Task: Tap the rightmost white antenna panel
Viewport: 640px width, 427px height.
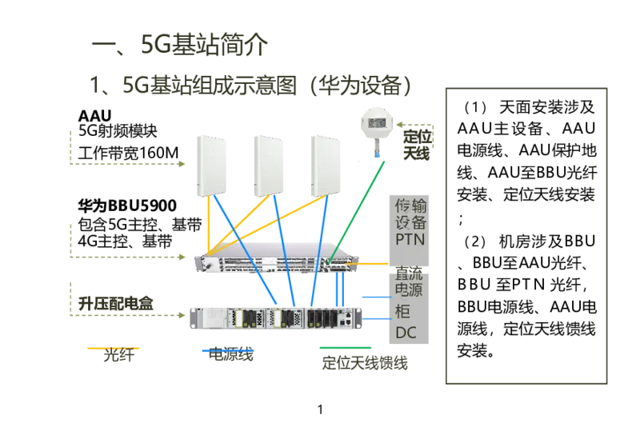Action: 325,166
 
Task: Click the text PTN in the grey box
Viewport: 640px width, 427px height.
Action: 410,238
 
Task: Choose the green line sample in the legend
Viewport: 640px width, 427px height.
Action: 345,349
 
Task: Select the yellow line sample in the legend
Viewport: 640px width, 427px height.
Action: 112,349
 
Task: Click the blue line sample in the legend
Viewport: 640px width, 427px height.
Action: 227,349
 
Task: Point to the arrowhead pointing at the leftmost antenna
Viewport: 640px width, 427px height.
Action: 183,166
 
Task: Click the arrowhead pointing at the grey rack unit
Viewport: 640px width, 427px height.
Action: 183,256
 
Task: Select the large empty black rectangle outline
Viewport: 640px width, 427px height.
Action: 524,237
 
